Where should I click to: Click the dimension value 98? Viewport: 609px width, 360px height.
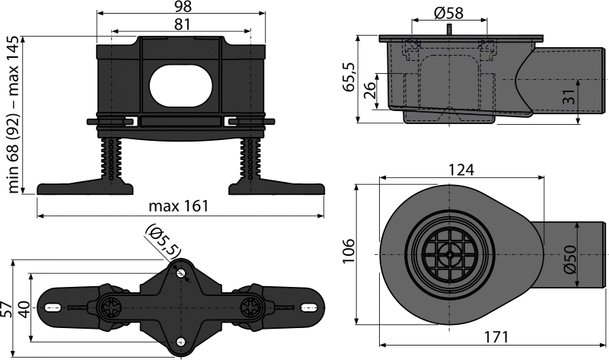click(180, 7)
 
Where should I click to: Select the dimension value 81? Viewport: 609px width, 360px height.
click(180, 24)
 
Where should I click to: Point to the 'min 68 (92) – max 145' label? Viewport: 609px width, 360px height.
click(12, 114)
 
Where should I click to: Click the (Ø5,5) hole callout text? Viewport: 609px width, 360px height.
click(159, 242)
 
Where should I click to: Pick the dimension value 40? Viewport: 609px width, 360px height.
click(22, 307)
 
